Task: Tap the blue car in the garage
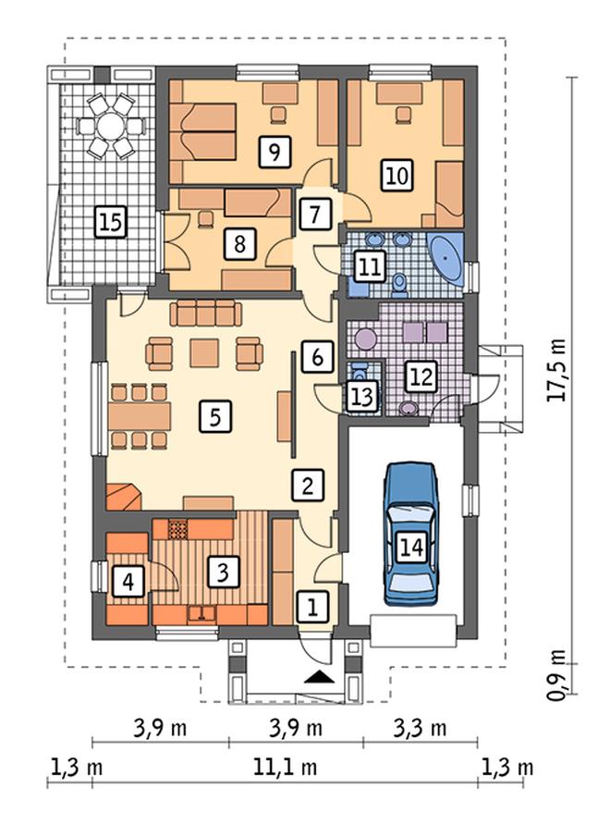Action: click(x=411, y=534)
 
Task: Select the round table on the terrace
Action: click(x=111, y=127)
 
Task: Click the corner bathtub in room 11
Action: click(x=447, y=258)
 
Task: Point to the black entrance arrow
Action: click(x=319, y=677)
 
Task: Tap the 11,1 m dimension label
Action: click(x=286, y=767)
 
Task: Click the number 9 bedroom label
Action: click(x=274, y=152)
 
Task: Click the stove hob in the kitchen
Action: click(x=177, y=529)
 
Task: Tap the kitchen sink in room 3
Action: click(x=201, y=613)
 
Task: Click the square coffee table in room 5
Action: click(x=204, y=352)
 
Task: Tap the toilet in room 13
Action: click(x=360, y=371)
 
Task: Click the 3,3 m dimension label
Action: click(x=421, y=728)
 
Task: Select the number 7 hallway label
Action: click(x=315, y=215)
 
